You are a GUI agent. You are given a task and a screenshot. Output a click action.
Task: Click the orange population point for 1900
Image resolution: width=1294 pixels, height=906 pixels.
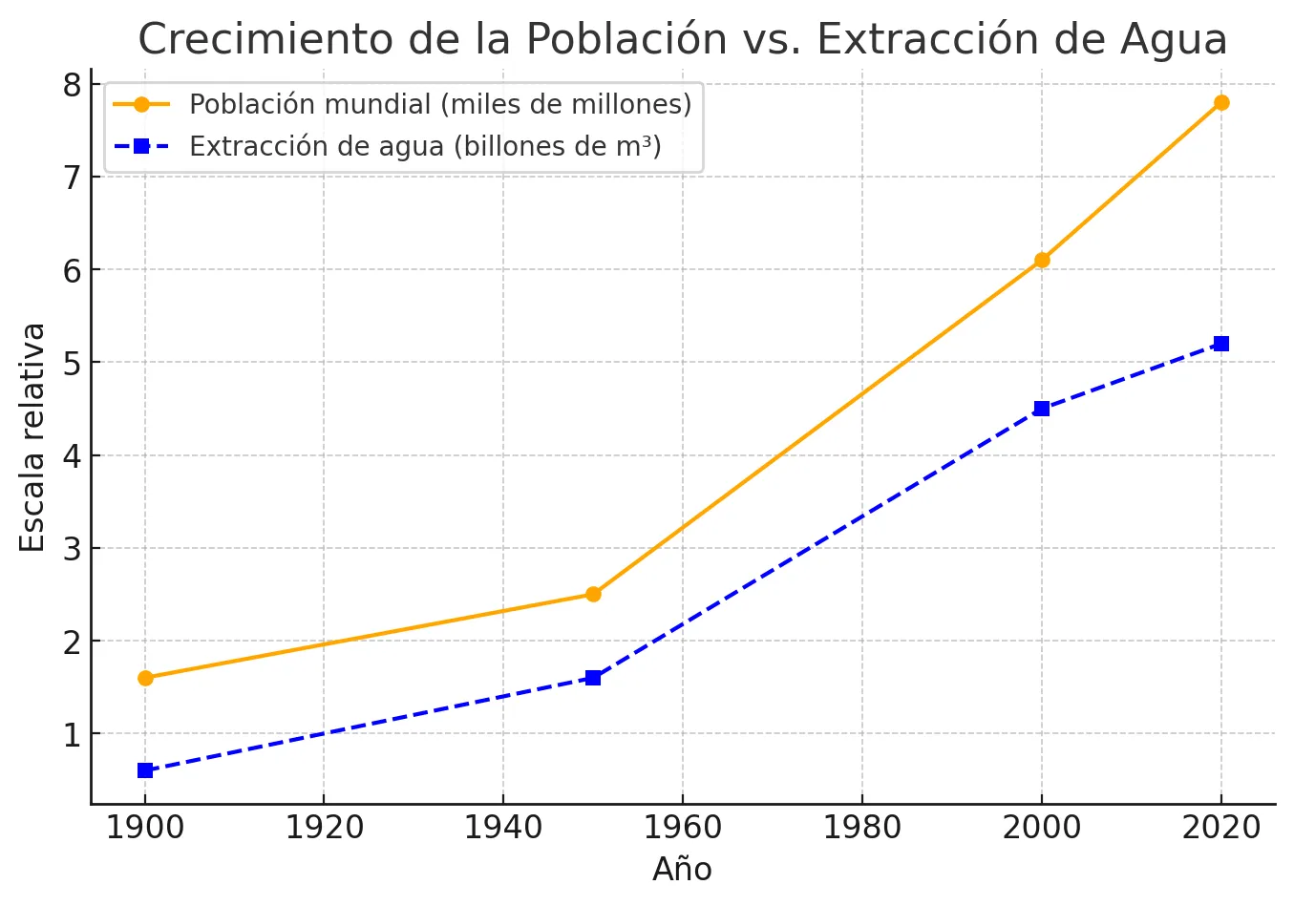click(x=145, y=678)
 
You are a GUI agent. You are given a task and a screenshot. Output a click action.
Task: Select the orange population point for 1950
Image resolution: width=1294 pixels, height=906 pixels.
click(x=593, y=594)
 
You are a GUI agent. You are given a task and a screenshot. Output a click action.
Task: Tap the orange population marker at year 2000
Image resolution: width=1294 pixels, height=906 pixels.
click(x=1042, y=260)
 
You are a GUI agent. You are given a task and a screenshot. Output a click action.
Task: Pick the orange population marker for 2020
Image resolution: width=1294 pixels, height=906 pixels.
click(x=1221, y=102)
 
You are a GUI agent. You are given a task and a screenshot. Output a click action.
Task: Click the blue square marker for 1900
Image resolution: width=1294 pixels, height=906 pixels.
click(x=145, y=770)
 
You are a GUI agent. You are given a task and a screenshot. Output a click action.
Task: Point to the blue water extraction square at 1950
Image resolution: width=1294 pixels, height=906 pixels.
click(x=593, y=678)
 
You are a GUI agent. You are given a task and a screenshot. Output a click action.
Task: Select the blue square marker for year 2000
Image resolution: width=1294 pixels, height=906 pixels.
click(x=1042, y=409)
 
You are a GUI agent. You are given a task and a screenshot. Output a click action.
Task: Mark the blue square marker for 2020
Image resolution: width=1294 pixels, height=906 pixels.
click(x=1221, y=344)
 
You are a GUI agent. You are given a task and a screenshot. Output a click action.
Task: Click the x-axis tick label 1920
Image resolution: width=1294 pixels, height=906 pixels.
click(x=325, y=828)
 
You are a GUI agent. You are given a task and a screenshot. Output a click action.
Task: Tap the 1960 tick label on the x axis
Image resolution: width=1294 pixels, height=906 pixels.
click(x=683, y=828)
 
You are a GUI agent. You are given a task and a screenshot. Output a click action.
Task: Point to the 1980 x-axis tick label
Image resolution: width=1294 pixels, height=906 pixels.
click(x=862, y=828)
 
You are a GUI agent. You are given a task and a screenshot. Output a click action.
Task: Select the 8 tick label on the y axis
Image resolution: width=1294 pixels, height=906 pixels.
click(x=73, y=85)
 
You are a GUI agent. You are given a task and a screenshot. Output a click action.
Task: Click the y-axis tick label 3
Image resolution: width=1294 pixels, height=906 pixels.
click(x=73, y=549)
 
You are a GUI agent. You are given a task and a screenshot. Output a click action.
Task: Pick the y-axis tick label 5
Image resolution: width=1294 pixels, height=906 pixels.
click(x=73, y=363)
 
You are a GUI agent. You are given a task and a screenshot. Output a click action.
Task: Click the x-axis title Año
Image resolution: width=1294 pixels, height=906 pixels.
click(x=682, y=870)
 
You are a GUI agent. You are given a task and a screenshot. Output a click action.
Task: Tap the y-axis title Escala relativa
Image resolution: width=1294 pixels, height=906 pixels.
click(x=33, y=437)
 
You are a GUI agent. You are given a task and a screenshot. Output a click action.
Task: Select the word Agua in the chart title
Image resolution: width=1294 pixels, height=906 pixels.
click(x=1174, y=39)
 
